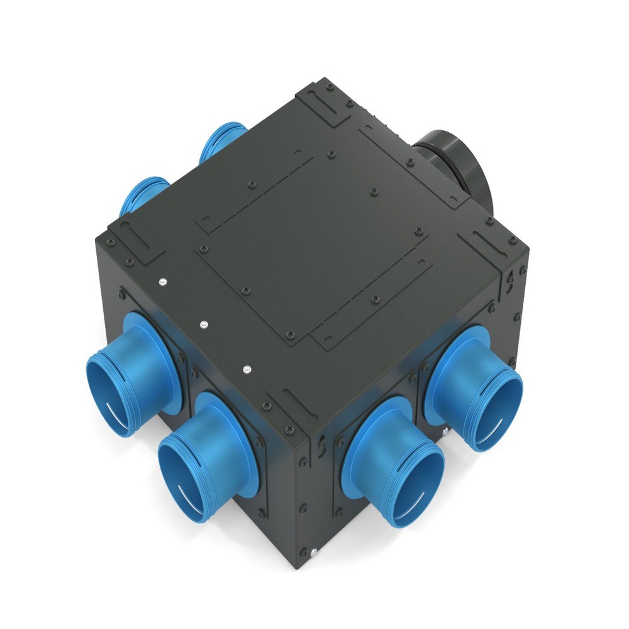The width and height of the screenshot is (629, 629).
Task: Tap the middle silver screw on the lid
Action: pyautogui.click(x=203, y=324)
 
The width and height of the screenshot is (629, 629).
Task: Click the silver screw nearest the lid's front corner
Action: pyautogui.click(x=246, y=368)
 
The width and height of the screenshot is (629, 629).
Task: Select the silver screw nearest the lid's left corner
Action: pyautogui.click(x=162, y=281)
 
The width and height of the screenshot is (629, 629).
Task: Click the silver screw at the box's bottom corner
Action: pyautogui.click(x=312, y=553)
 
